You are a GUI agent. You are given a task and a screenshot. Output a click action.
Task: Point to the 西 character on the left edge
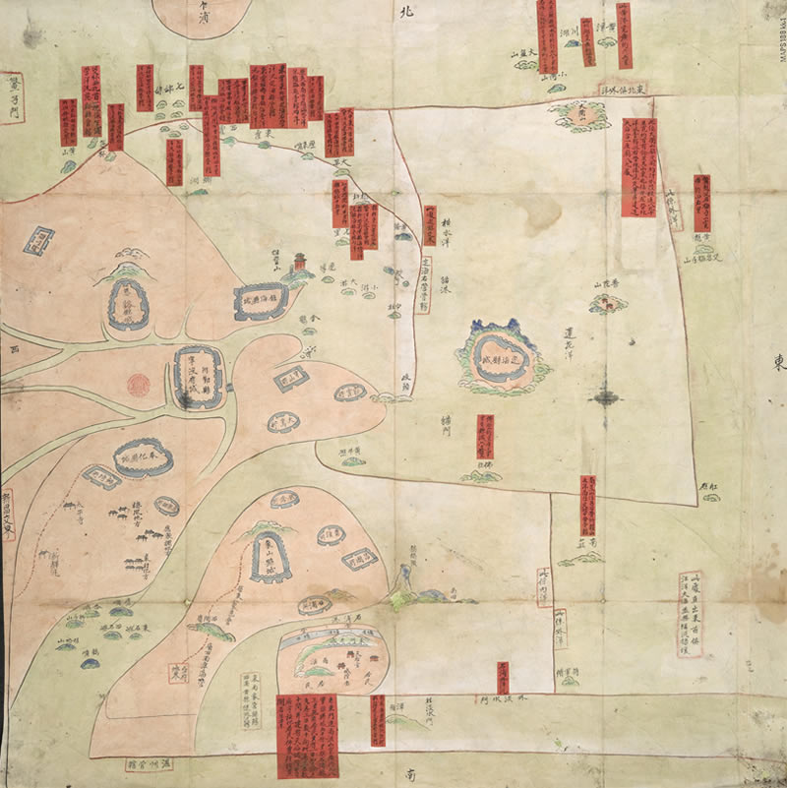[x=14, y=348]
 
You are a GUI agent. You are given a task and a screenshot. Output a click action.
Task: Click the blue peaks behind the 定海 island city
[x=493, y=328]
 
